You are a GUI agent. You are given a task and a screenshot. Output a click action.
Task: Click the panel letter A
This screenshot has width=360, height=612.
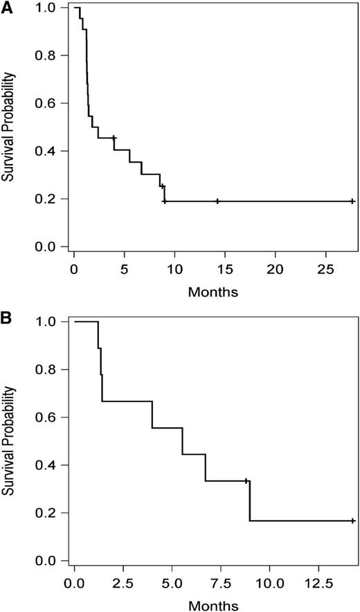click(x=7, y=6)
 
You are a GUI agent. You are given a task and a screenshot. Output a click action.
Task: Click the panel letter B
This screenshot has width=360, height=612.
click(x=7, y=321)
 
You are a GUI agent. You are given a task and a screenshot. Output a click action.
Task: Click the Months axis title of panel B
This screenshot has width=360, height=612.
click(x=213, y=605)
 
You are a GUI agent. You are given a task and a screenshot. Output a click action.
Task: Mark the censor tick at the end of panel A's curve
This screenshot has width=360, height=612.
click(x=352, y=201)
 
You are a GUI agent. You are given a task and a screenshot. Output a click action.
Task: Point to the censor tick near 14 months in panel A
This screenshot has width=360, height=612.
click(x=217, y=201)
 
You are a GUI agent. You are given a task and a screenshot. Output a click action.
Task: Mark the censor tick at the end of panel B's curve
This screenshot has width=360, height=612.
click(x=352, y=521)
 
